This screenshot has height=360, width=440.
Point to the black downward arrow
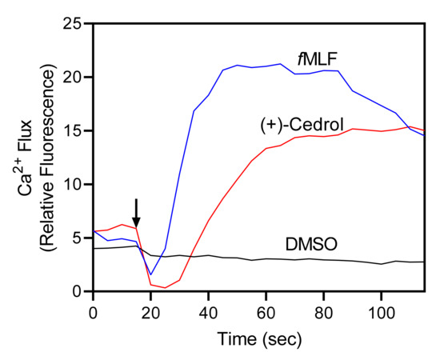point(136,213)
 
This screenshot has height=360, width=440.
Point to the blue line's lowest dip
point(150,274)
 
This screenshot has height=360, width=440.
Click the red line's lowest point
point(165,287)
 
